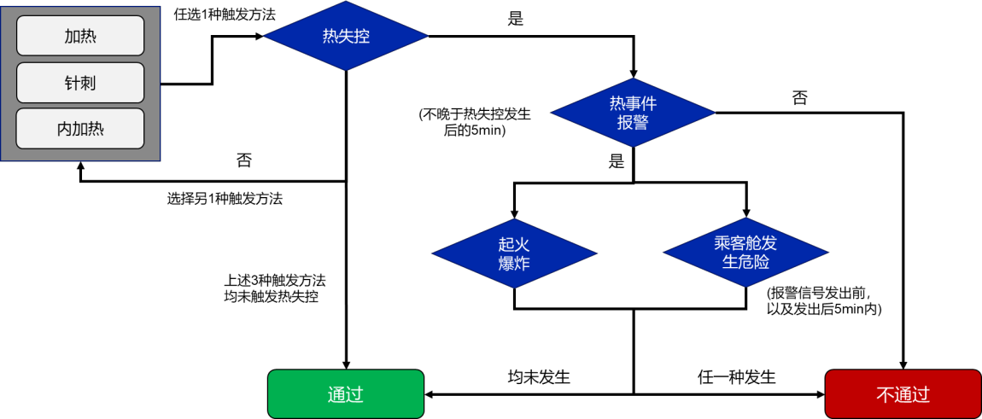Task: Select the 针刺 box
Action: [79, 83]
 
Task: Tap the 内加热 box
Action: [79, 129]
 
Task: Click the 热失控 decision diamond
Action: [346, 36]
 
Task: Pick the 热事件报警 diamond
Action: [633, 112]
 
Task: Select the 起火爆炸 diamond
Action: [514, 253]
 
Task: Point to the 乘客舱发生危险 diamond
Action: [745, 253]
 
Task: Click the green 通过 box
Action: [346, 394]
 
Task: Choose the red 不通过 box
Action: [903, 394]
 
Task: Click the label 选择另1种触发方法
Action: [225, 199]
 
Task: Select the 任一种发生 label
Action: [736, 376]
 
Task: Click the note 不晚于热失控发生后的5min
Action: [475, 122]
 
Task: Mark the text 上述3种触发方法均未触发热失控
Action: [275, 288]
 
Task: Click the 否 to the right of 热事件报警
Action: [800, 97]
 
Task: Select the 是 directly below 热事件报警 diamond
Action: [617, 162]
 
